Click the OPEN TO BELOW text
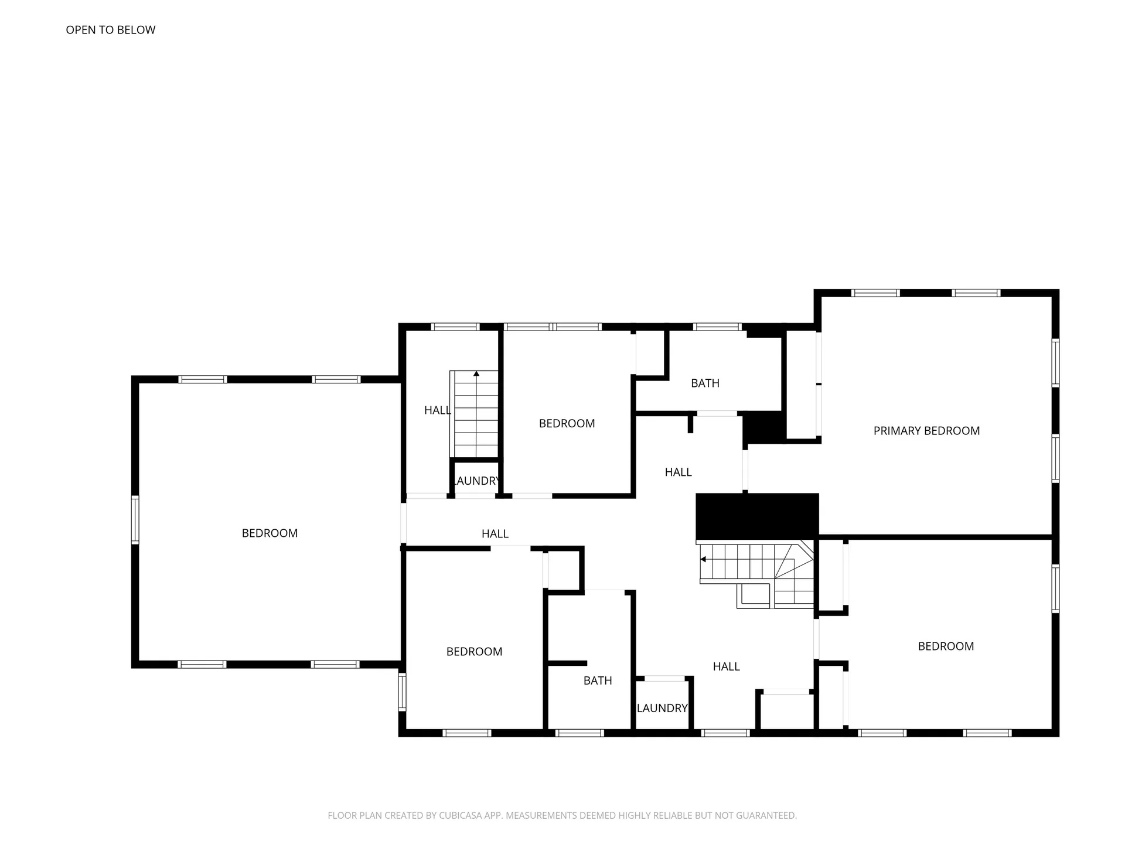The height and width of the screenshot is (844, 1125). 110,30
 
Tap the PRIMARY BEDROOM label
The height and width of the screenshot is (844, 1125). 926,431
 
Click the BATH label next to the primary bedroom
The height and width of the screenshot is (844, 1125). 705,383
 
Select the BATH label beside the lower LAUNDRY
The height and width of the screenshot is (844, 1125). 598,680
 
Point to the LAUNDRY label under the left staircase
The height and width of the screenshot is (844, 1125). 476,481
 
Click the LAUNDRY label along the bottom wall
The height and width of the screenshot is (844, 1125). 662,708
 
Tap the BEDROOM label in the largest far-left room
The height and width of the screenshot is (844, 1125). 270,533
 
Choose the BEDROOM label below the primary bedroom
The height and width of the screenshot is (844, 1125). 946,646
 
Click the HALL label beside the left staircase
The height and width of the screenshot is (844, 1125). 437,410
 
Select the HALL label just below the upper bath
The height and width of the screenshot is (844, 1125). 678,472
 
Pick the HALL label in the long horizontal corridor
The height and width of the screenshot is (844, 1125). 495,534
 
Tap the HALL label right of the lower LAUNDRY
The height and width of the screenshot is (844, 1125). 726,666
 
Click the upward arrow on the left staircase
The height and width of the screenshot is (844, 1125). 476,373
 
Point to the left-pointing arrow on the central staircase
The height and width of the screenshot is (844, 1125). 703,559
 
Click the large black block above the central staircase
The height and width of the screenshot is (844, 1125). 756,516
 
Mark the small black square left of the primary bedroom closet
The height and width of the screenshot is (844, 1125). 763,427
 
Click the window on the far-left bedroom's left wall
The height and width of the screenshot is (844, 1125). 135,519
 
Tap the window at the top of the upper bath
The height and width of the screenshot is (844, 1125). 717,327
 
